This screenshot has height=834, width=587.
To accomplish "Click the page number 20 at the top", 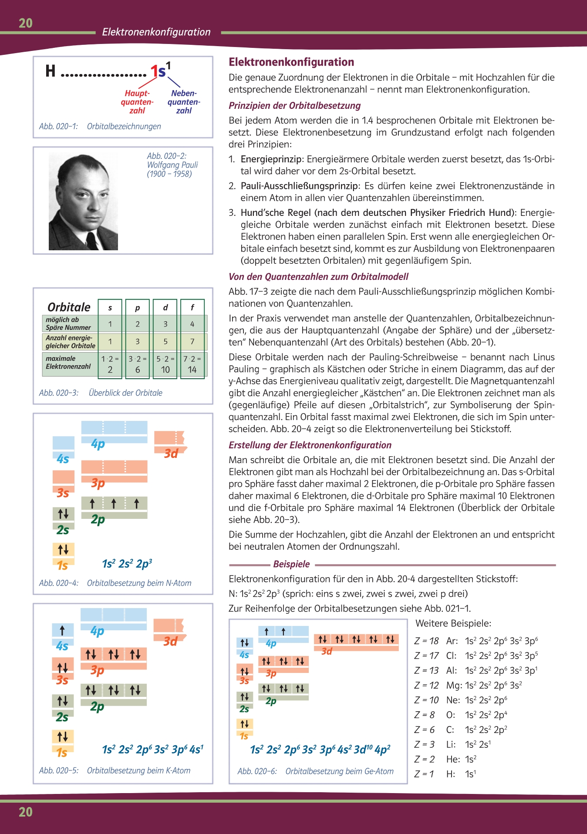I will pos(26,23).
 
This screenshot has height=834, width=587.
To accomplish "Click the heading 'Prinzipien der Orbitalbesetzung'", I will pos(295,106).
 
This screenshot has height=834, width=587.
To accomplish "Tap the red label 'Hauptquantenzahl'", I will pos(137,102).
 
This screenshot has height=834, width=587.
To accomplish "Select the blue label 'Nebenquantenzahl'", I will pos(184,102).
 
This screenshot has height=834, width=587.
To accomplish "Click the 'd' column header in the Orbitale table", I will pos(165,308).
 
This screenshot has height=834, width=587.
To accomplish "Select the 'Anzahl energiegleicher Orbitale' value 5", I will pos(165,342).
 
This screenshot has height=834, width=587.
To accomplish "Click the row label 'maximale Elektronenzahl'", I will pos(68,363).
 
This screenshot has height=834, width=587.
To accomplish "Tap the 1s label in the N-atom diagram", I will pos(63,565).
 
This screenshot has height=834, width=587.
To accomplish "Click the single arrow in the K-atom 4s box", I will pos(62,630).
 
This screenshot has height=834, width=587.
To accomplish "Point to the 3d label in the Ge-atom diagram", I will pos(327,651).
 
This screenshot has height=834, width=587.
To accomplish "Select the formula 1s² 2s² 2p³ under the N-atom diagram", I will pos(127,564).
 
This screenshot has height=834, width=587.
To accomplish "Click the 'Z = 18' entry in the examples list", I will pos(426,641).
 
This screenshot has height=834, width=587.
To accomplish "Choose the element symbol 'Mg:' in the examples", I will pos(454,686).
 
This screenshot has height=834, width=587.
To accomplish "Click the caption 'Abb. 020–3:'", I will pos(59,393).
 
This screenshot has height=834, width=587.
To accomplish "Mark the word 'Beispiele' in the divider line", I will pos(291,564).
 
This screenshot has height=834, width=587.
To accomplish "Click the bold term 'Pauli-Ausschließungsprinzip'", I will pos(300,186).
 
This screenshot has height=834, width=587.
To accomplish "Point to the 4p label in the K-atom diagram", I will pos(98,631).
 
